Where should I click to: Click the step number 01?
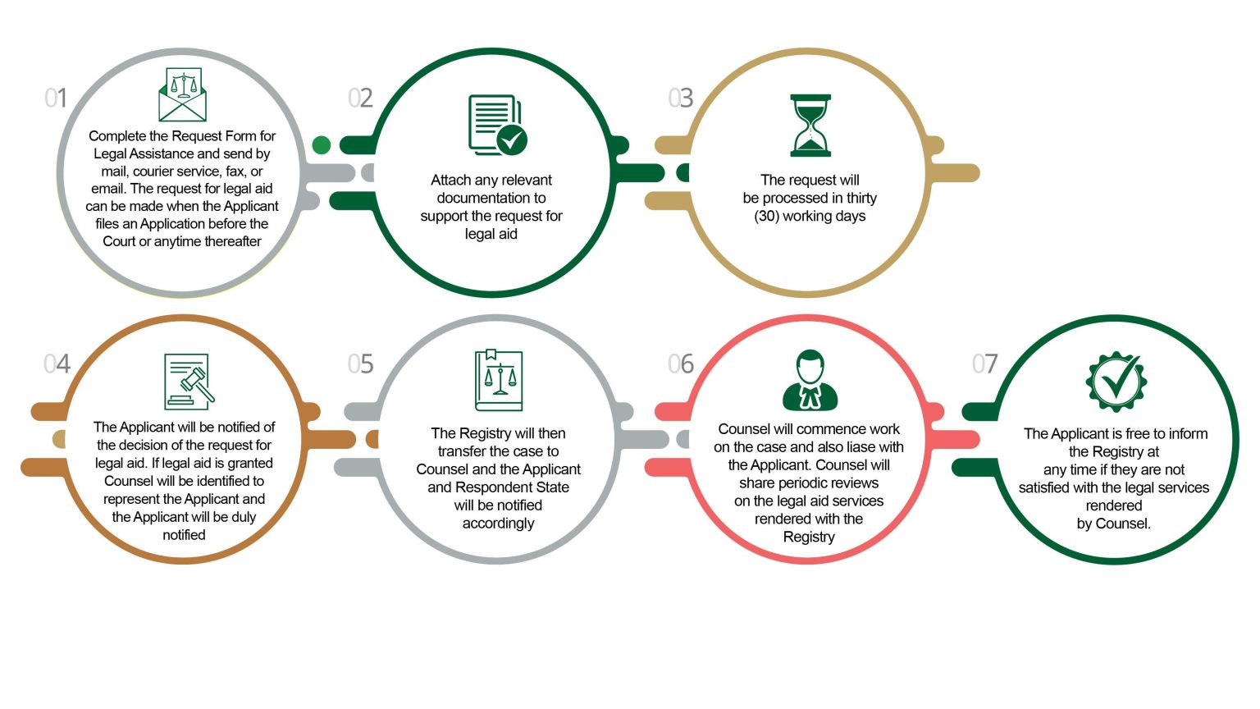[x=56, y=98]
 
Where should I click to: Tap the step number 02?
[x=360, y=98]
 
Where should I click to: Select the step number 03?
[x=680, y=98]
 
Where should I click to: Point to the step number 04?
[x=57, y=364]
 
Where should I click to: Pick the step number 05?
[x=360, y=364]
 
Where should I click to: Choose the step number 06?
[x=681, y=364]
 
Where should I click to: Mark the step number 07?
[x=984, y=364]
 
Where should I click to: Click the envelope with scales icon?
[x=182, y=94]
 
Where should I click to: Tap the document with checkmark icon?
[x=497, y=125]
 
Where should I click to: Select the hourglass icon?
[x=810, y=125]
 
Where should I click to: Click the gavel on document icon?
[x=189, y=382]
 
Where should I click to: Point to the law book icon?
[x=499, y=381]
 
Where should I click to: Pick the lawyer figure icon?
[x=810, y=381]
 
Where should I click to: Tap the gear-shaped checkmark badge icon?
[x=1116, y=382]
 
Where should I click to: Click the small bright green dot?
[x=322, y=145]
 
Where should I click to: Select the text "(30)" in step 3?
[x=766, y=216]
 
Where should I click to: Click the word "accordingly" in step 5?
[x=499, y=524]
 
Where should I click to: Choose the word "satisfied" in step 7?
[x=1046, y=487]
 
